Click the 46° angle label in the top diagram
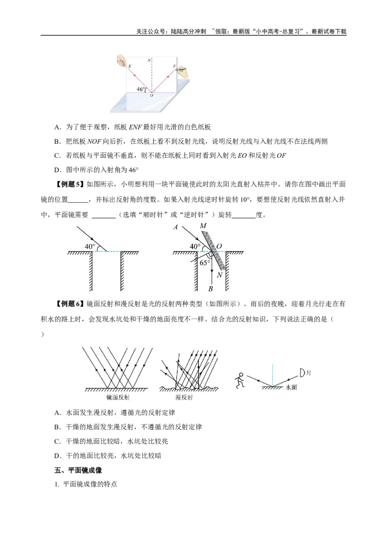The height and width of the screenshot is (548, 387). pos(140,89)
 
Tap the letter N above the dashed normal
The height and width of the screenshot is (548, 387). pos(149,60)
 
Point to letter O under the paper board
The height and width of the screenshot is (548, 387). pos(151,95)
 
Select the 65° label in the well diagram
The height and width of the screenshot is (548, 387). pos(205,263)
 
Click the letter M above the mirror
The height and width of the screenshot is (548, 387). pos(203,226)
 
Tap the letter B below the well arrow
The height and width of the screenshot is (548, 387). pos(210,289)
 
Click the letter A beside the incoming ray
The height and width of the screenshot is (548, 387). pos(176,227)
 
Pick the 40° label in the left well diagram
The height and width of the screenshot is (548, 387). pos(90,247)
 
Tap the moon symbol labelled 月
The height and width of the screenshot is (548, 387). pos(302,373)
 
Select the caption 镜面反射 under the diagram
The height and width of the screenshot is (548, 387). pos(118,397)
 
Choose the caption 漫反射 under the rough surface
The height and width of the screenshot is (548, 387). pos(184,397)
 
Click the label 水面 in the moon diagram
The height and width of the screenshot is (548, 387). pos(291,387)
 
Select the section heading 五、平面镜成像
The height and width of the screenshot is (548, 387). pos(78,471)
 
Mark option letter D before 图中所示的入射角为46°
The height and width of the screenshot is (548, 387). pos(58,170)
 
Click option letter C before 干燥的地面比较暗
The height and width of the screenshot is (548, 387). pos(58,441)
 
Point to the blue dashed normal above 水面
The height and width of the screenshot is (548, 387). pos(272,375)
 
